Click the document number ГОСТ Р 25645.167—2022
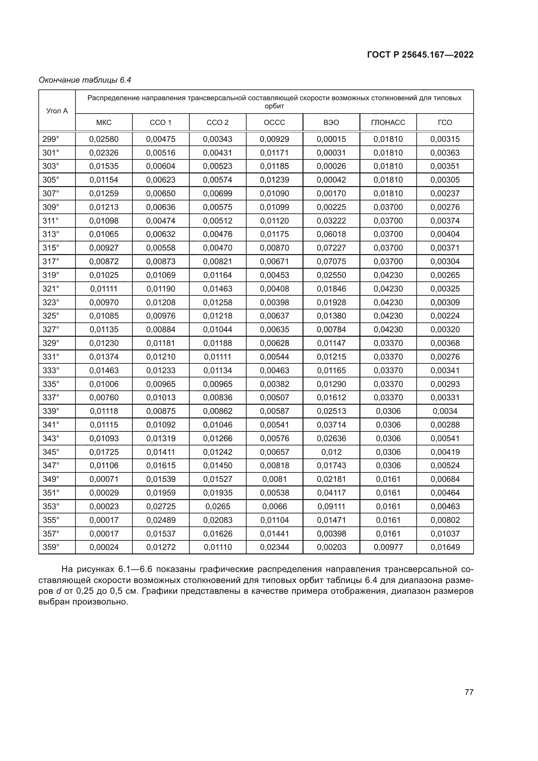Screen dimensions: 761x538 pos(420,55)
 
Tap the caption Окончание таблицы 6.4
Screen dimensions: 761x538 pos(85,80)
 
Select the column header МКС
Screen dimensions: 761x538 pos(104,123)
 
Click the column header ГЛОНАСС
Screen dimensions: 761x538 pos(388,123)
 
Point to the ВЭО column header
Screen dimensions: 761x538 pos(331,123)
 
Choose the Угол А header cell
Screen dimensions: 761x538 pos(57,111)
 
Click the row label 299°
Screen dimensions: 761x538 pos(51,139)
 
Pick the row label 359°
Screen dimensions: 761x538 pos(51,547)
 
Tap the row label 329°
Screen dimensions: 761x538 pos(51,343)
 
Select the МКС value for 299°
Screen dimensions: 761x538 pos(104,139)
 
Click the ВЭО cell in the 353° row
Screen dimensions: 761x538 pos(331,507)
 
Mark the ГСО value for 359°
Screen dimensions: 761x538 pos(445,547)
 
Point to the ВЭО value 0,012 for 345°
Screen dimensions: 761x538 pos(331,452)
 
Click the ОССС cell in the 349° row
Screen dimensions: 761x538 pos(274,479)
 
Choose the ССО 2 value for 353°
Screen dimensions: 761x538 pos(218,507)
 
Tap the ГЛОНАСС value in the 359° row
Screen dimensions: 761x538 pos(388,547)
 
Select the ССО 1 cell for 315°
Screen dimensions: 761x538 pos(161,248)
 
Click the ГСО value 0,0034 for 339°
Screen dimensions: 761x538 pos(445,411)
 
